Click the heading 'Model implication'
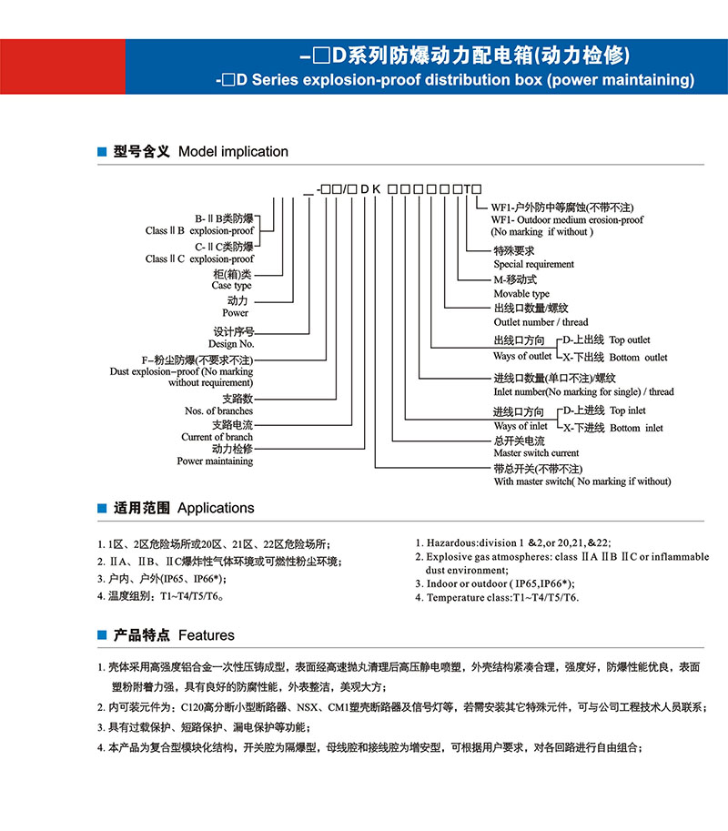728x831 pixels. pyautogui.click(x=233, y=152)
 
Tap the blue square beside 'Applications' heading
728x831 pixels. pyautogui.click(x=103, y=509)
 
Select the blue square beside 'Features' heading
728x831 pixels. pyautogui.click(x=103, y=636)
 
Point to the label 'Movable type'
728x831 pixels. pyautogui.click(x=521, y=294)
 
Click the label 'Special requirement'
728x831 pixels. pyautogui.click(x=534, y=264)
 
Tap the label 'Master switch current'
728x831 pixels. pyautogui.click(x=536, y=452)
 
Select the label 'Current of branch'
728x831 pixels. pyautogui.click(x=217, y=437)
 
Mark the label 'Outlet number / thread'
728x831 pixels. pyautogui.click(x=541, y=321)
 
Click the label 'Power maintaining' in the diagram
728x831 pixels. pyautogui.click(x=215, y=461)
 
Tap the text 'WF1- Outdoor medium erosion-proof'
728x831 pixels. pyautogui.click(x=566, y=219)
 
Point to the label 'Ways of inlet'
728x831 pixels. pyautogui.click(x=521, y=426)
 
